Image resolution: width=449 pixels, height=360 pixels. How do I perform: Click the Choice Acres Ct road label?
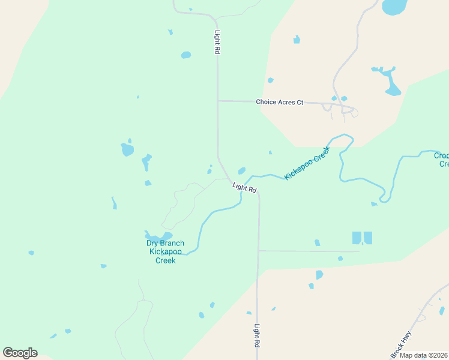click(x=280, y=102)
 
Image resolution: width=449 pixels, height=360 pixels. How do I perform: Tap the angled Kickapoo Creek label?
click(x=307, y=163)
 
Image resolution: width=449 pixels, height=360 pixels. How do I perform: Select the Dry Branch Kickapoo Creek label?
click(x=165, y=251)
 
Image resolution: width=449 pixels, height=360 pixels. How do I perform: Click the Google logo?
click(x=20, y=353)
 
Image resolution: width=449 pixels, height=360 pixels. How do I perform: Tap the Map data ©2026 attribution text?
click(x=423, y=355)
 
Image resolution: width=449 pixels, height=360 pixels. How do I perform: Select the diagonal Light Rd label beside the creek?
click(x=244, y=188)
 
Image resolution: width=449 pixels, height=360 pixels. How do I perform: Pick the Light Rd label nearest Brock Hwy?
click(x=257, y=337)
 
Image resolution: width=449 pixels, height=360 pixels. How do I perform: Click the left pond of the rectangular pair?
click(x=357, y=238)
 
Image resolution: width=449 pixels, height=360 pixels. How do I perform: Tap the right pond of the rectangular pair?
click(x=368, y=238)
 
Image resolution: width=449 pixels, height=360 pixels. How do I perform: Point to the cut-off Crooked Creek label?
click(x=441, y=160)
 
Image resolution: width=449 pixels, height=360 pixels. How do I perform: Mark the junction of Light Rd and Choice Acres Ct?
click(x=218, y=101)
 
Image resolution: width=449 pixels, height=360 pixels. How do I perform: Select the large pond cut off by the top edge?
click(x=394, y=7)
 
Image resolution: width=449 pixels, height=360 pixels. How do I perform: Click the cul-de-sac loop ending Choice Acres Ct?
click(x=354, y=112)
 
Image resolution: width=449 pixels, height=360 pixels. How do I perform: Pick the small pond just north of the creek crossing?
click(x=241, y=170)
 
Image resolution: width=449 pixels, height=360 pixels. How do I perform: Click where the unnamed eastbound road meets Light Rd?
click(x=258, y=250)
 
